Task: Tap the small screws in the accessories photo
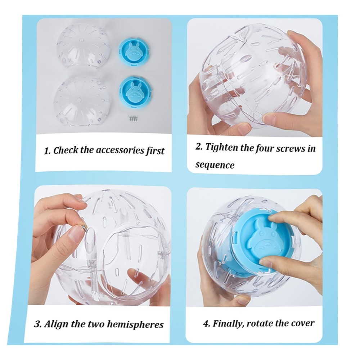pyautogui.click(x=133, y=118)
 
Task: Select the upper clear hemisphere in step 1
pyautogui.click(x=84, y=46)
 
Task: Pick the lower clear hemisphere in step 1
pyautogui.click(x=82, y=102)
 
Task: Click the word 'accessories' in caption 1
pyautogui.click(x=120, y=150)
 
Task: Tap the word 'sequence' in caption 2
pyautogui.click(x=215, y=165)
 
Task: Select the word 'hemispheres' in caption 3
pyautogui.click(x=135, y=325)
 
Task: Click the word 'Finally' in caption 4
pyautogui.click(x=228, y=324)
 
